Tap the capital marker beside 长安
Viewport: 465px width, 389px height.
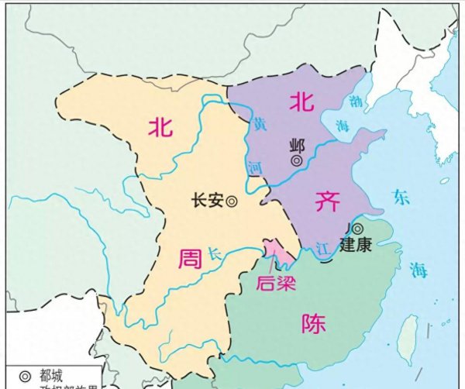pyautogui.click(x=230, y=201)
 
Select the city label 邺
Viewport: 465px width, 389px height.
pyautogui.click(x=297, y=145)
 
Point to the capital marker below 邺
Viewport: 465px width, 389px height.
pyautogui.click(x=297, y=160)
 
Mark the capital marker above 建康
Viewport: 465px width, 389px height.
pyautogui.click(x=356, y=229)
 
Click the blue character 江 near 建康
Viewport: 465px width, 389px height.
pyautogui.click(x=325, y=246)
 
